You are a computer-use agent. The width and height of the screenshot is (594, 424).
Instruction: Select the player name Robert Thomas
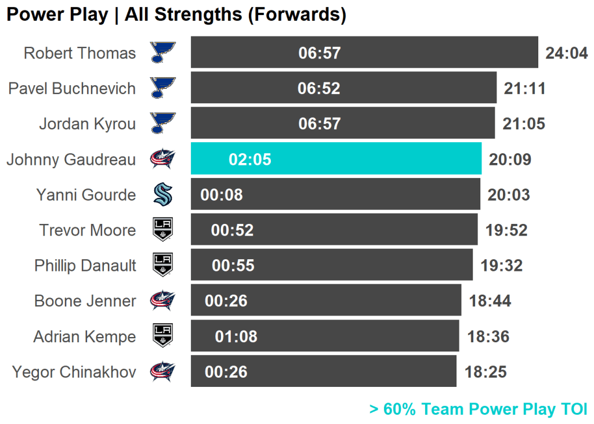click(79, 53)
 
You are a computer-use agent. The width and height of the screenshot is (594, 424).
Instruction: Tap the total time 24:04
click(566, 53)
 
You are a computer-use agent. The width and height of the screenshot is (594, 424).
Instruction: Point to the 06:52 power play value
click(319, 88)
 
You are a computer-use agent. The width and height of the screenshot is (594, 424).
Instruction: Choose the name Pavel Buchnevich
click(72, 89)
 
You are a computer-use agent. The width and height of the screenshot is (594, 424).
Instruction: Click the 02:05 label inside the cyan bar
click(250, 160)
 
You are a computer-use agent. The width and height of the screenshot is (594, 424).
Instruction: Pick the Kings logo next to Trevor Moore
click(162, 230)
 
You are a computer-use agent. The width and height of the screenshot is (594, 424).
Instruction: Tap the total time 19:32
click(501, 266)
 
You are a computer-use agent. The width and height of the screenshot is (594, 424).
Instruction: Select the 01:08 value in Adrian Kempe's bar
click(236, 336)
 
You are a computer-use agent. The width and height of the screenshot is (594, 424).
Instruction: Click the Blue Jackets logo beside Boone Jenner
click(162, 301)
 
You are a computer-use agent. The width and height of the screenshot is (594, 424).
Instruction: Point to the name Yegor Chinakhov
click(74, 372)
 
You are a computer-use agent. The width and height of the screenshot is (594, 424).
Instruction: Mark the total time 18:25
click(486, 372)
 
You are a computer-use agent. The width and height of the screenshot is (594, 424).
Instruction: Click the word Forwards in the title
click(294, 15)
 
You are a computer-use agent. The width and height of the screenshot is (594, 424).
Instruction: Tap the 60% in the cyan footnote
click(400, 409)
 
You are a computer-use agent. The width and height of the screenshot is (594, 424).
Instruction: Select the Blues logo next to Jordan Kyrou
click(162, 124)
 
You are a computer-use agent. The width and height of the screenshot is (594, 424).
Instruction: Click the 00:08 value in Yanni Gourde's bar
click(222, 195)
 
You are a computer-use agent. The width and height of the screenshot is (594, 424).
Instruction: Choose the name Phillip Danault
click(85, 266)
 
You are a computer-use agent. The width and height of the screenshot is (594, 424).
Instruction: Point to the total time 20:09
click(510, 160)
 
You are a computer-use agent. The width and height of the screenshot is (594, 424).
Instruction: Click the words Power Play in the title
click(57, 15)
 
